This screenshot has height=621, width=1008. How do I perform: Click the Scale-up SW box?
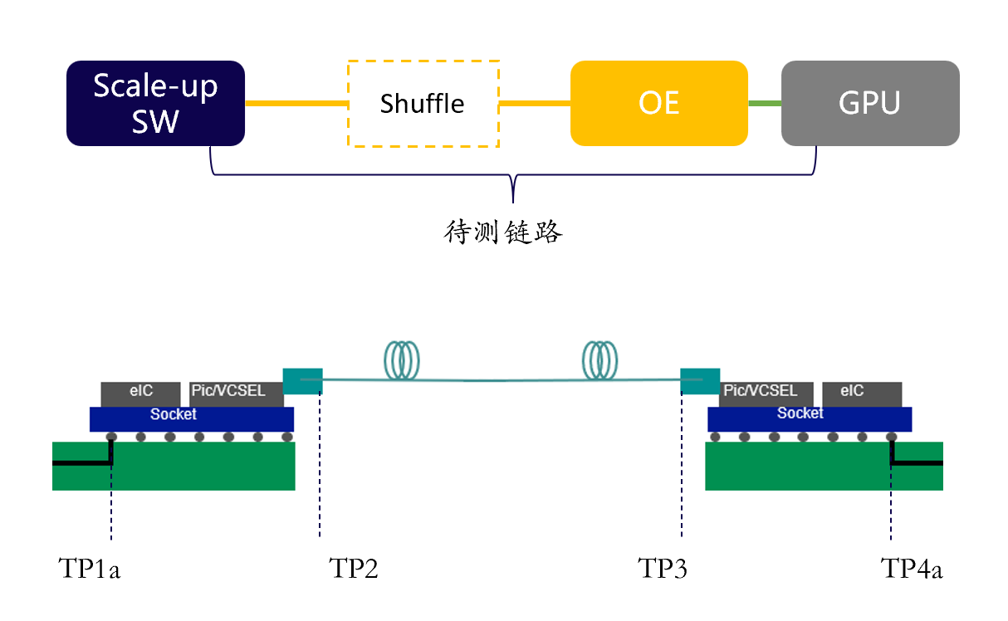click(155, 103)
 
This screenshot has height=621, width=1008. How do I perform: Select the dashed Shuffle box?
click(423, 104)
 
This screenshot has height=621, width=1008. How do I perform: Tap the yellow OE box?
click(659, 103)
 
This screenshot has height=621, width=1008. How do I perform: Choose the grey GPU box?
click(870, 103)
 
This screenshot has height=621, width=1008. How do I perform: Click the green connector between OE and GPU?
click(765, 103)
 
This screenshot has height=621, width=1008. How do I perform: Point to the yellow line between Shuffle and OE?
click(535, 104)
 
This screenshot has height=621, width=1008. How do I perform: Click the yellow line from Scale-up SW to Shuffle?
click(296, 104)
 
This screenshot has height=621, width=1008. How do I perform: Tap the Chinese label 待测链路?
click(504, 232)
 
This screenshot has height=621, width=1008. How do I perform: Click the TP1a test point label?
click(90, 569)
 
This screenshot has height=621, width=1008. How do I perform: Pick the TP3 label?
click(663, 569)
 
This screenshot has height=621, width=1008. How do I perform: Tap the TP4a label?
click(912, 569)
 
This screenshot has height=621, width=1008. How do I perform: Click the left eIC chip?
click(140, 392)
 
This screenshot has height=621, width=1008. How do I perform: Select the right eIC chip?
click(862, 392)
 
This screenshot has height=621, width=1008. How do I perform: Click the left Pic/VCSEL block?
click(230, 392)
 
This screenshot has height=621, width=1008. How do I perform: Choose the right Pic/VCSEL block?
click(759, 392)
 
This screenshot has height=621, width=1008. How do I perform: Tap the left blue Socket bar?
click(192, 418)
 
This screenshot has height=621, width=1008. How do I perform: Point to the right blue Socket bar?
click(810, 418)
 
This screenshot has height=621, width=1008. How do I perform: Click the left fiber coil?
click(403, 360)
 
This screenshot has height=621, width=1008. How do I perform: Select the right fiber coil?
click(599, 360)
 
